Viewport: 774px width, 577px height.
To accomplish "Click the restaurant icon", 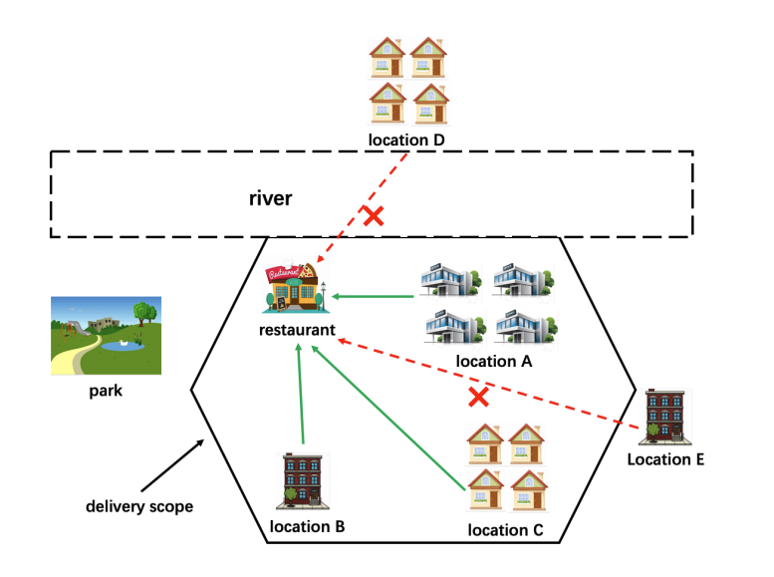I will point(294,289).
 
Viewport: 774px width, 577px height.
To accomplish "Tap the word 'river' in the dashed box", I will point(270,198).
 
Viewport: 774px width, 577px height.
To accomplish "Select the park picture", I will point(107,334).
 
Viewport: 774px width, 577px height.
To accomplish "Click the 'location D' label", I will point(405,140).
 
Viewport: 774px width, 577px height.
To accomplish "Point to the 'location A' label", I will point(494,362).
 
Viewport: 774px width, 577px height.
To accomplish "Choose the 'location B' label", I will point(308,525).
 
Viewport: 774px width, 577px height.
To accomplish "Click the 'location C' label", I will point(506,529).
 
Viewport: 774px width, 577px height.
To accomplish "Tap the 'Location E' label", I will point(665,459).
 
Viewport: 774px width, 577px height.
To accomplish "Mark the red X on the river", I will point(374,215).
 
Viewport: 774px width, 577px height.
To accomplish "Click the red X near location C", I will point(479,398).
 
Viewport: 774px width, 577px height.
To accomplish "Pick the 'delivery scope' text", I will point(138,506).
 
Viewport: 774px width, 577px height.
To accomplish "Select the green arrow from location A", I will point(374,296).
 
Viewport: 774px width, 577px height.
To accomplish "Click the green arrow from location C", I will point(388,419).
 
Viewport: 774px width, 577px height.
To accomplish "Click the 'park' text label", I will point(105,391).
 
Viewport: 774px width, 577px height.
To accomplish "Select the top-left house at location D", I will point(386,56).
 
